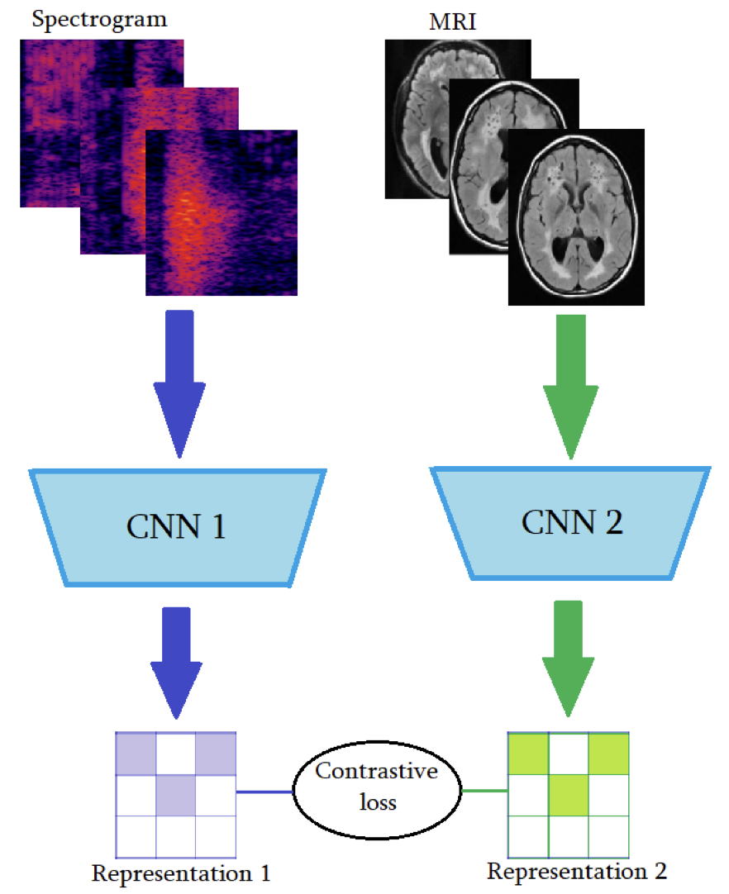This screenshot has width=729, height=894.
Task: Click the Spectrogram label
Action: (99, 19)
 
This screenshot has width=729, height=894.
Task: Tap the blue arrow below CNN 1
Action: (176, 661)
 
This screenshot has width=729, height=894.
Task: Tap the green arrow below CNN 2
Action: (569, 657)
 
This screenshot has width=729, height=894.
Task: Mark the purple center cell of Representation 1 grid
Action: (175, 796)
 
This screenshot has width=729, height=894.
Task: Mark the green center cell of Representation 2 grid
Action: (568, 794)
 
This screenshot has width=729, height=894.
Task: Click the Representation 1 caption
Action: (181, 873)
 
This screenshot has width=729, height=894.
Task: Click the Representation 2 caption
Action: (576, 871)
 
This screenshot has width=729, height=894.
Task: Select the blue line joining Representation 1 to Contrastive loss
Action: (264, 792)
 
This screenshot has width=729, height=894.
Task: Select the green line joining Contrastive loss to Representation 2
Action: (483, 792)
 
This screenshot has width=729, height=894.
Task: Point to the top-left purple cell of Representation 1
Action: (136, 754)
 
